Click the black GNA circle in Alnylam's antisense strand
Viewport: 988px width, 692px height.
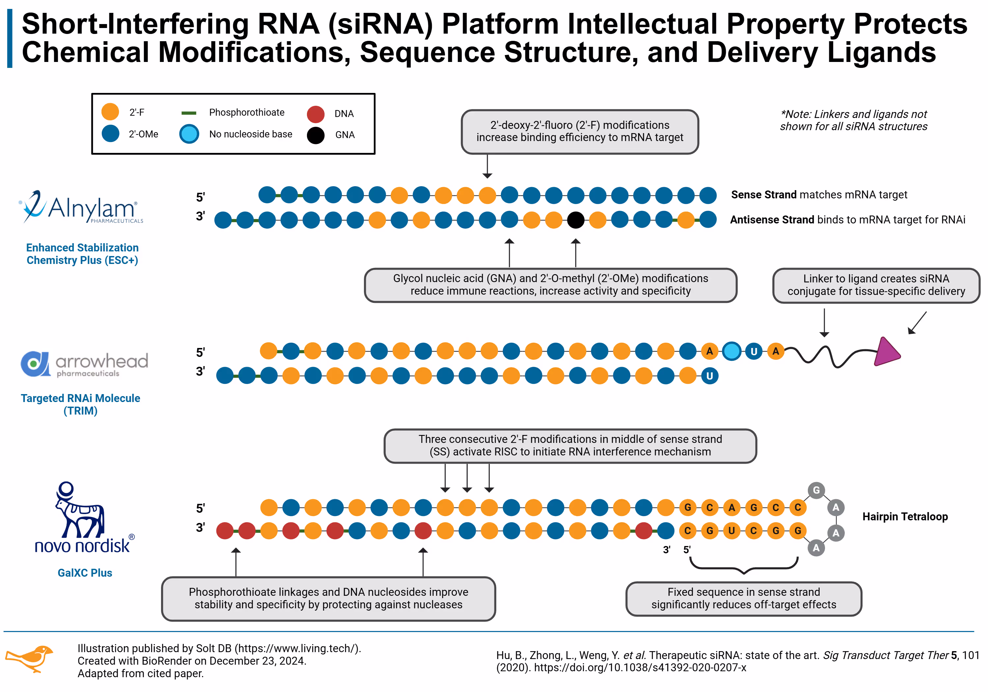pyautogui.click(x=575, y=220)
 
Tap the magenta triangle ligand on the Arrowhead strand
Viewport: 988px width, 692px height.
pyautogui.click(x=886, y=352)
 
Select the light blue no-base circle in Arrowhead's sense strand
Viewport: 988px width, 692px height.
pyautogui.click(x=731, y=351)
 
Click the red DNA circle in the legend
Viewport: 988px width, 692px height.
pyautogui.click(x=316, y=114)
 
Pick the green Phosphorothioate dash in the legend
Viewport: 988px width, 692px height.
pyautogui.click(x=189, y=113)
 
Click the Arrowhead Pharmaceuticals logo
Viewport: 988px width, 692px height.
pyautogui.click(x=84, y=364)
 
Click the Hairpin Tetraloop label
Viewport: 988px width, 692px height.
pyautogui.click(x=905, y=516)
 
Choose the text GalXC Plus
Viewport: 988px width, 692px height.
pyautogui.click(x=85, y=573)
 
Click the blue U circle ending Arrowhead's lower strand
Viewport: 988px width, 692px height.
pyautogui.click(x=710, y=376)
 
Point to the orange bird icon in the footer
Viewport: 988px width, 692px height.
pyautogui.click(x=29, y=658)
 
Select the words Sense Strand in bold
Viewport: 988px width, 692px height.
pyautogui.click(x=763, y=195)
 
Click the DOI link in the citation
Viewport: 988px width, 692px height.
pyautogui.click(x=640, y=668)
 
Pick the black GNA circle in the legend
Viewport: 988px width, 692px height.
pyautogui.click(x=316, y=135)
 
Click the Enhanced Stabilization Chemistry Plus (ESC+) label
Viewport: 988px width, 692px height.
pyautogui.click(x=82, y=254)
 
